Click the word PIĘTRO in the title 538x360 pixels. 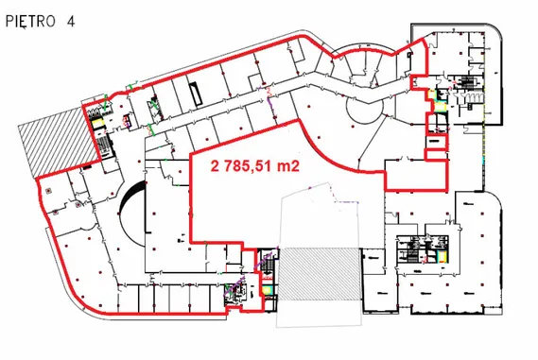click(30, 22)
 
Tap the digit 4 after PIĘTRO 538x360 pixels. click(70, 22)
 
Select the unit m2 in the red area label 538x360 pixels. click(288, 166)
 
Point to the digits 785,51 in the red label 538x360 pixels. click(248, 166)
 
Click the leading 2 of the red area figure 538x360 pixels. click(215, 166)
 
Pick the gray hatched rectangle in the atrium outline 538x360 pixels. click(320, 274)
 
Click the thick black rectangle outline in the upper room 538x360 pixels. click(196, 94)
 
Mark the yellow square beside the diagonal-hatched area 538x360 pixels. click(97, 123)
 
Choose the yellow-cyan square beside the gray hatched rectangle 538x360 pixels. click(268, 290)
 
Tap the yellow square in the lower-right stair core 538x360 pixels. click(442, 255)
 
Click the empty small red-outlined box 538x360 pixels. click(436, 154)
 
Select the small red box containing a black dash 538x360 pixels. click(436, 141)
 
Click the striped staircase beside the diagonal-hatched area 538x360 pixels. click(104, 145)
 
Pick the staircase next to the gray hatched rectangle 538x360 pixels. click(269, 264)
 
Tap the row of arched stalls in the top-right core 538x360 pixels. click(469, 97)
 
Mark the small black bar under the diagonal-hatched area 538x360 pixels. click(87, 166)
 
